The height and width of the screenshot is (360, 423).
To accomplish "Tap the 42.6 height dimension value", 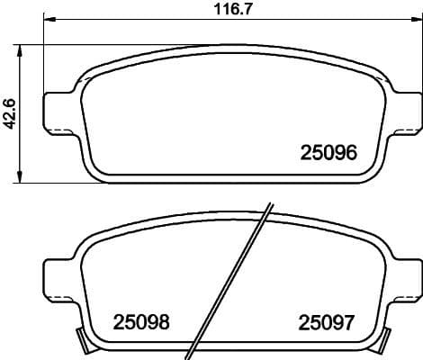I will pos(11,114).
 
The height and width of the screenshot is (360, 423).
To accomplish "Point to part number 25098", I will pos(141,321).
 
